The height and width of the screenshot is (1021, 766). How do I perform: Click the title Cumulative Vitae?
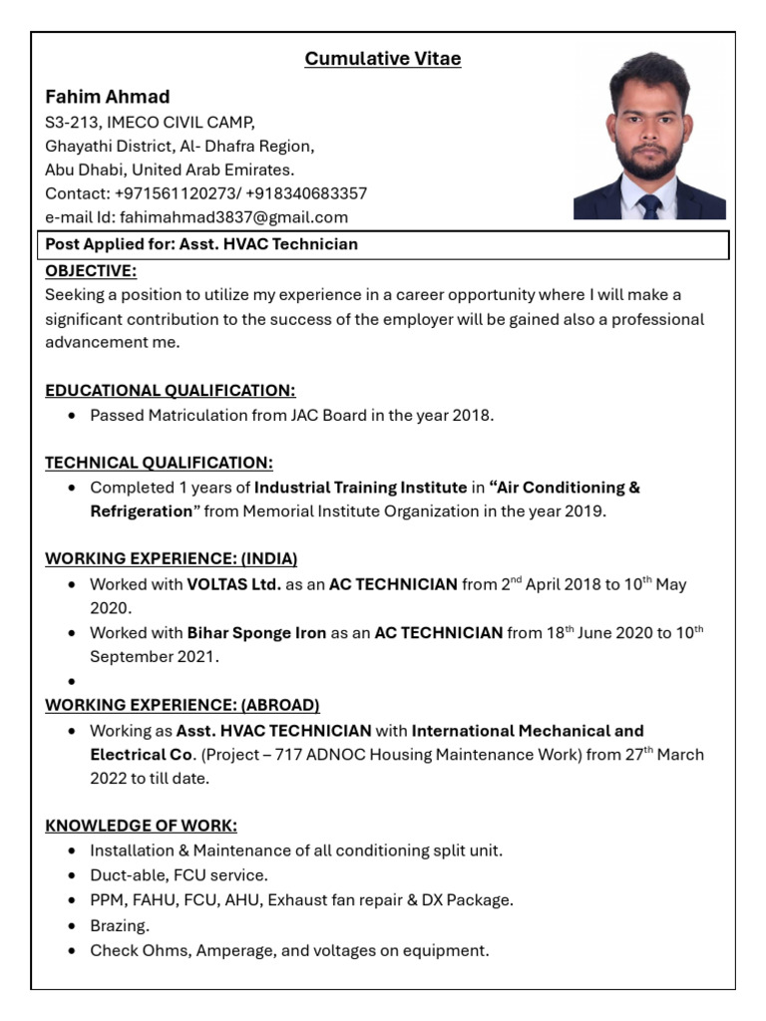(x=383, y=59)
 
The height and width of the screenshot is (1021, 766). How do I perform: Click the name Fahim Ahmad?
(x=108, y=97)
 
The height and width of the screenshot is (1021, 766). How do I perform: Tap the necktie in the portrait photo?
(x=650, y=205)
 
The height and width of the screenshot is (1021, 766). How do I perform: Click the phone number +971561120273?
(x=175, y=193)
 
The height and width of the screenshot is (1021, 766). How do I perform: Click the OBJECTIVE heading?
(x=91, y=271)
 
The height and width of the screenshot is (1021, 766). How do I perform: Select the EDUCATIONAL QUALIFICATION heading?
(x=171, y=391)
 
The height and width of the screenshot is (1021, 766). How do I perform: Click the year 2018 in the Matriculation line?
(x=473, y=415)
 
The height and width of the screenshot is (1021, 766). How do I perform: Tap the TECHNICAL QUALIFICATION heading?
(x=159, y=463)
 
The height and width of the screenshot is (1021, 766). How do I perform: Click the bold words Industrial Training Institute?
(x=361, y=488)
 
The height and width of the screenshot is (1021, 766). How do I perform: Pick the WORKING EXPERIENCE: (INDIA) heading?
(x=172, y=559)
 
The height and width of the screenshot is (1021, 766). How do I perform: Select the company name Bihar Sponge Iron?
(x=256, y=633)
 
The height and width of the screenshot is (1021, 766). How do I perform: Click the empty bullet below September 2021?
(x=73, y=682)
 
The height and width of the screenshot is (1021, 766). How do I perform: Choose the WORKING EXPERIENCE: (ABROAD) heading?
(x=183, y=706)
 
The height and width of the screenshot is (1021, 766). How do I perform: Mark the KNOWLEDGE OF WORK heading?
(x=141, y=826)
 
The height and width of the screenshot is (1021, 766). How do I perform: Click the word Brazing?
(x=120, y=926)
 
